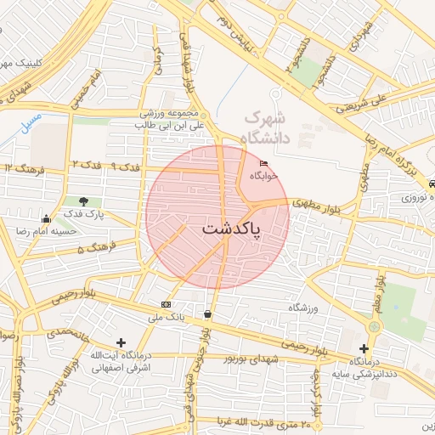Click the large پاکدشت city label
coord(232,229)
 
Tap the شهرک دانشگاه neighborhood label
coord(267,127)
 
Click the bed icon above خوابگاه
coord(264,164)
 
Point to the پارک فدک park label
coord(86,214)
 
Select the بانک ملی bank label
coord(166,317)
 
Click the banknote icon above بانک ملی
coord(166,304)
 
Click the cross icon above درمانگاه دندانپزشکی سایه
coord(364,348)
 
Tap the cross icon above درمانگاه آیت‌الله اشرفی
coord(121,342)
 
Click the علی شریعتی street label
coord(360,104)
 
